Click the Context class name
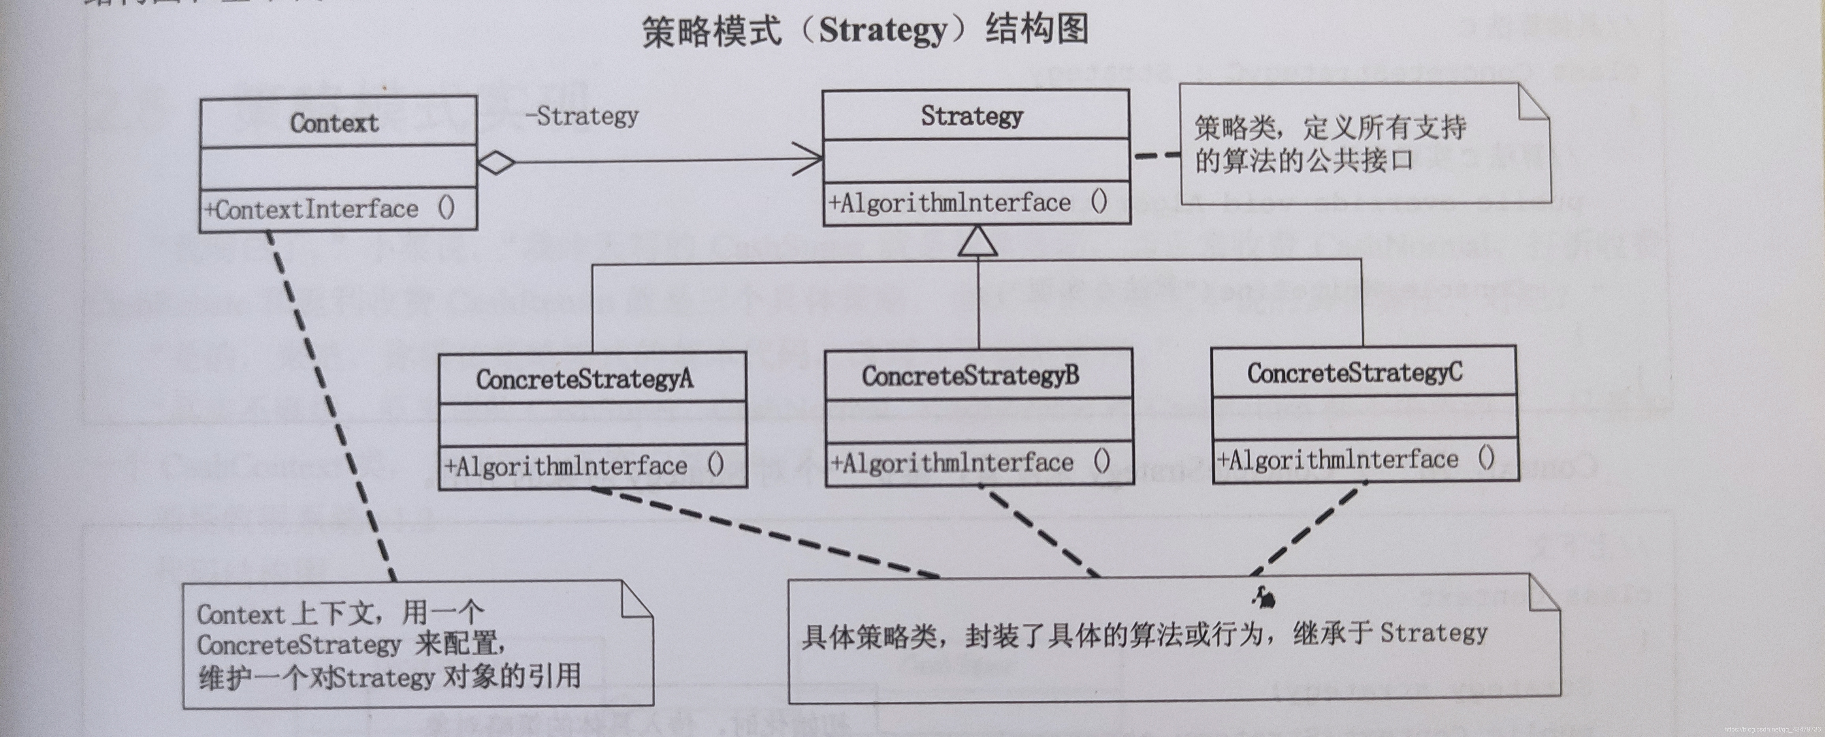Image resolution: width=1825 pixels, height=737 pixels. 334,123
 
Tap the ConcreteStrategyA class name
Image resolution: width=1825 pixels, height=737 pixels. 584,379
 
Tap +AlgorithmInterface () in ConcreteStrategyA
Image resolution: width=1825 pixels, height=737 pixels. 584,466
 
